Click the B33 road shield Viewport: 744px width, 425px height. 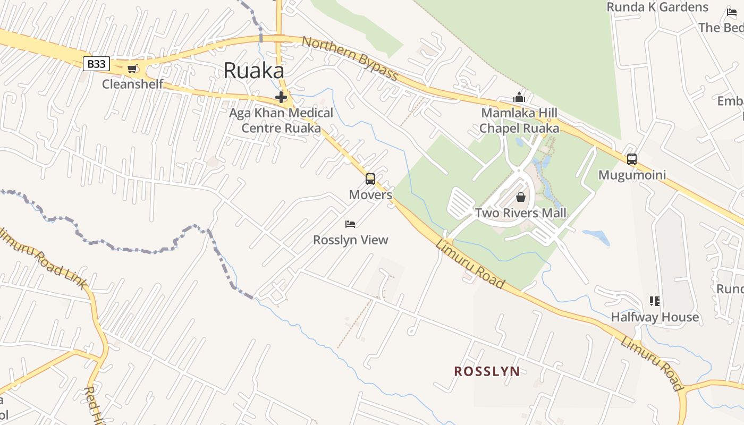(x=96, y=64)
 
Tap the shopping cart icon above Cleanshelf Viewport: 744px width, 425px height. (x=132, y=69)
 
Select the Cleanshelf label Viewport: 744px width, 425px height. (x=132, y=84)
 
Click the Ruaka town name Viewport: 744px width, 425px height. (x=253, y=71)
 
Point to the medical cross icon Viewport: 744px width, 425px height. (x=281, y=97)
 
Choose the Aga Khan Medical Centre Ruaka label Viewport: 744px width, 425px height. (x=281, y=121)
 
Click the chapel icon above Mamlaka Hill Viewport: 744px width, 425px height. (x=519, y=98)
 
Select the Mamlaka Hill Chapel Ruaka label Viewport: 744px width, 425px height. (x=519, y=121)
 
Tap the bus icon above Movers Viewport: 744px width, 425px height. (x=370, y=179)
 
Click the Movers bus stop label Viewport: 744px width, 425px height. (x=370, y=194)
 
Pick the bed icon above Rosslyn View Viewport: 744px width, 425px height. (x=350, y=224)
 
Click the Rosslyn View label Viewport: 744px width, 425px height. (x=351, y=240)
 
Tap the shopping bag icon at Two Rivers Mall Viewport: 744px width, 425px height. (x=521, y=197)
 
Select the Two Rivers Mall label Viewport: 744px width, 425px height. (x=521, y=213)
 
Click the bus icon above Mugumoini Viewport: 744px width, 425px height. (x=632, y=159)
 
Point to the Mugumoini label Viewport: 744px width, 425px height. (x=632, y=175)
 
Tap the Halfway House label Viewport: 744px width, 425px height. (x=655, y=317)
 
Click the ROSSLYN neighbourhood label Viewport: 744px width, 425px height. (x=487, y=371)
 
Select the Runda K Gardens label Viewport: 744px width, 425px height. (x=657, y=7)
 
